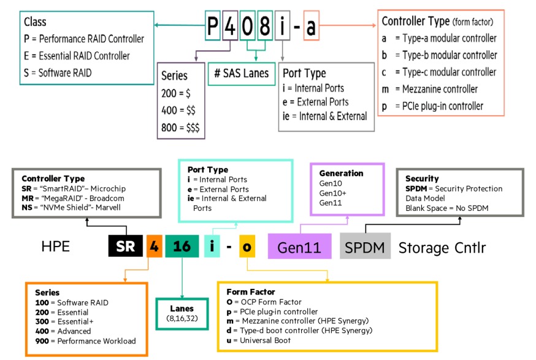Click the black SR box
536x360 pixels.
126,247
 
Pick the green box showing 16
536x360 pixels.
182,247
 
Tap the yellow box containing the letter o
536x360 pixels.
247,247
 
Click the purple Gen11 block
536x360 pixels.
299,247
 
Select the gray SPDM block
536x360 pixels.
366,247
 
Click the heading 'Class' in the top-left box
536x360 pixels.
36,22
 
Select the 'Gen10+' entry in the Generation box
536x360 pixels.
332,193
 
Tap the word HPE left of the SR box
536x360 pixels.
56,248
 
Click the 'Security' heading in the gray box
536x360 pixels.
423,178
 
